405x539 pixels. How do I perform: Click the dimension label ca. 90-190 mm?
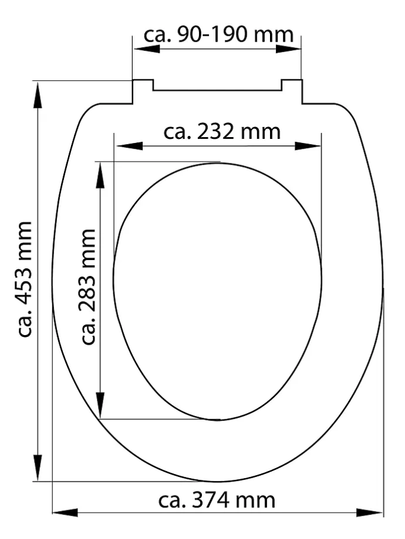click(x=218, y=35)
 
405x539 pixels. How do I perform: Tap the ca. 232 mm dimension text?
click(x=222, y=132)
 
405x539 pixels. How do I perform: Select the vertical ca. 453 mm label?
click(x=25, y=279)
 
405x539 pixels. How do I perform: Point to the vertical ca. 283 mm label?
click(x=88, y=286)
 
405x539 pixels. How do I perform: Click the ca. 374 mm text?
click(x=217, y=500)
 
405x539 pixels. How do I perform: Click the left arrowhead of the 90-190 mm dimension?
click(x=146, y=49)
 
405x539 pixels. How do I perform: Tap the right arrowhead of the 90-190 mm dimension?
click(x=289, y=49)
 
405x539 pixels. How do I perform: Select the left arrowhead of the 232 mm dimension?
click(x=129, y=146)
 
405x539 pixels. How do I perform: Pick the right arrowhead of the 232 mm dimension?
click(x=308, y=146)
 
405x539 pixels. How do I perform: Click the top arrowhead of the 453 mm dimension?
click(x=38, y=95)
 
